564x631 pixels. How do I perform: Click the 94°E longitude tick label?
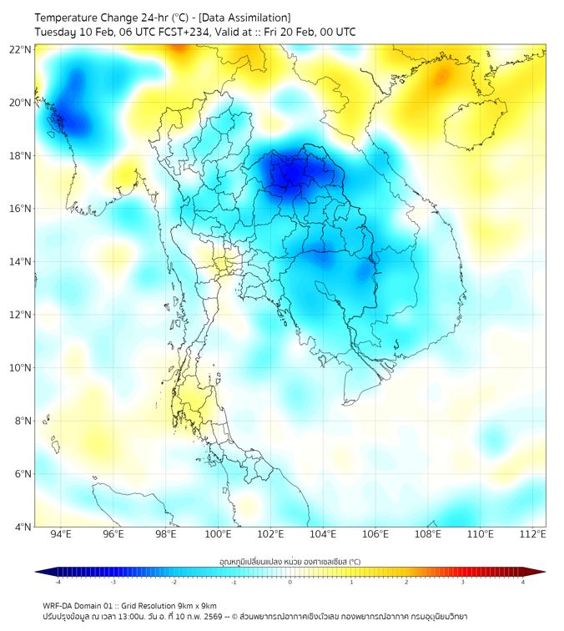coord(61,535)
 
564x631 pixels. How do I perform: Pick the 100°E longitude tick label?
coord(218,535)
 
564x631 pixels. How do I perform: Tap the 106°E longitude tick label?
coord(375,535)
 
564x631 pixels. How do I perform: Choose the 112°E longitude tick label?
coord(532,535)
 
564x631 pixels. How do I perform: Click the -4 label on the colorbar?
coord(57,583)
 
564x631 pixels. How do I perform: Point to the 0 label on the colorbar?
coord(290,583)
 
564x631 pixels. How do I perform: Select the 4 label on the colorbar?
coord(523,583)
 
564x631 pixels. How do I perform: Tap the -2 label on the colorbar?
coord(174,583)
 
